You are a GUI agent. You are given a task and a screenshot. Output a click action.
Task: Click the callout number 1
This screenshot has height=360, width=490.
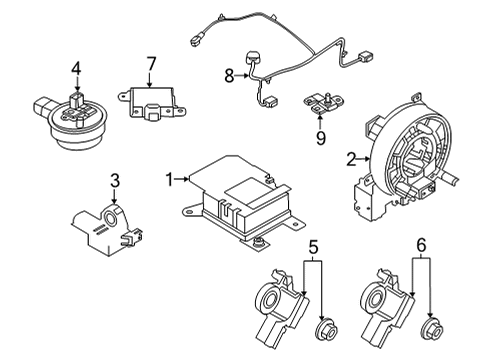click(x=171, y=179)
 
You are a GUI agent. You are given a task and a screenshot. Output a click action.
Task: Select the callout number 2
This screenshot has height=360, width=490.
click(x=351, y=158)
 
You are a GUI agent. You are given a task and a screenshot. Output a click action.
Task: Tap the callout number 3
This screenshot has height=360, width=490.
click(x=115, y=181)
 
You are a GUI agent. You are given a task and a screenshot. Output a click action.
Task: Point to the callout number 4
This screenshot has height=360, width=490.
click(x=75, y=69)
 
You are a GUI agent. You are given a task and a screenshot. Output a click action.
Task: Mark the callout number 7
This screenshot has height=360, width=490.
click(x=151, y=65)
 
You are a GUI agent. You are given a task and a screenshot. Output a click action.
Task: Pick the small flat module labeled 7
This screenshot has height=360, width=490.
click(x=152, y=103)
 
